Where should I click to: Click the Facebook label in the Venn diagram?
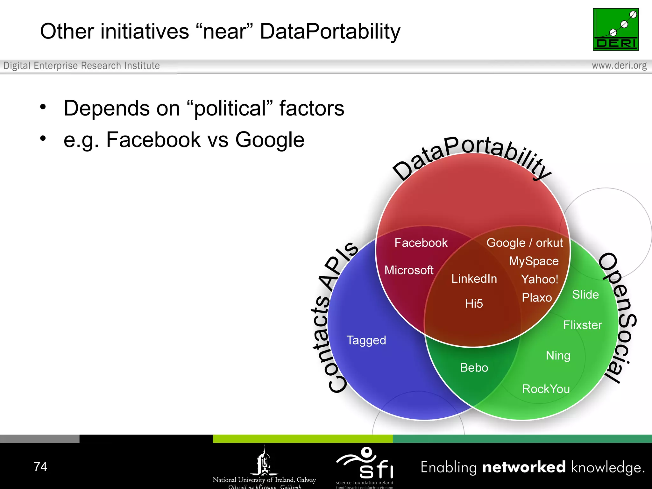421,243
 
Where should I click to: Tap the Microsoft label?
409,270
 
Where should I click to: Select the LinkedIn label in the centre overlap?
474,279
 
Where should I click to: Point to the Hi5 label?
474,304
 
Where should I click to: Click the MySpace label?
534,261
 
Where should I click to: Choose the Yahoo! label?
539,280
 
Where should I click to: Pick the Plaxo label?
536,298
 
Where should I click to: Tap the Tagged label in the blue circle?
366,340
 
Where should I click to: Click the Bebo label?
474,368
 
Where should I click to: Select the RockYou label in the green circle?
546,389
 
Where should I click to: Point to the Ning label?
558,356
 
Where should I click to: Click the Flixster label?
582,325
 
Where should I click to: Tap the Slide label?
585,295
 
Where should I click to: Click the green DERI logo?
615,29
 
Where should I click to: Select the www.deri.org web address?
619,66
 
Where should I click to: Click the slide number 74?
40,467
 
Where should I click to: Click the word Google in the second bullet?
270,140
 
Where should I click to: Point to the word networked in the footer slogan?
524,467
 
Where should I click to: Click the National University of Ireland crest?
264,461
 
